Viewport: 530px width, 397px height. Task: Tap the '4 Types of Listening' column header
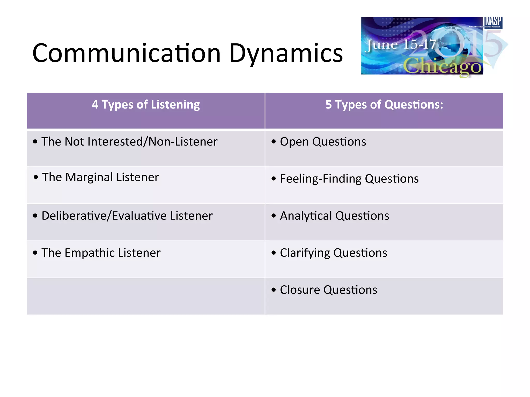pos(146,105)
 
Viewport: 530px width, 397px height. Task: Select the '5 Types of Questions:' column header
pos(384,105)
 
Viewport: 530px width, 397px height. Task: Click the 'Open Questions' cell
pos(323,142)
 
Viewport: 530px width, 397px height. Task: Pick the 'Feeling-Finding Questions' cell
pos(349,179)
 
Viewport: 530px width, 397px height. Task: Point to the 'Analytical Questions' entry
pos(334,216)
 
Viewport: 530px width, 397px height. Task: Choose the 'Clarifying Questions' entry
pos(333,253)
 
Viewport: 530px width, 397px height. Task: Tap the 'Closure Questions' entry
pos(328,289)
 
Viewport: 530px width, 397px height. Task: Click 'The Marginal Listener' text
pos(100,177)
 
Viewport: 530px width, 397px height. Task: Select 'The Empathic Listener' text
pos(101,253)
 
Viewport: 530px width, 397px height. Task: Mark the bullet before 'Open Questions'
pos(274,142)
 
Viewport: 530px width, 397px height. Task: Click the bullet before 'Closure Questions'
pos(274,290)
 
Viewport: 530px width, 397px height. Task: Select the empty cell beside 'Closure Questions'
pos(146,296)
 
